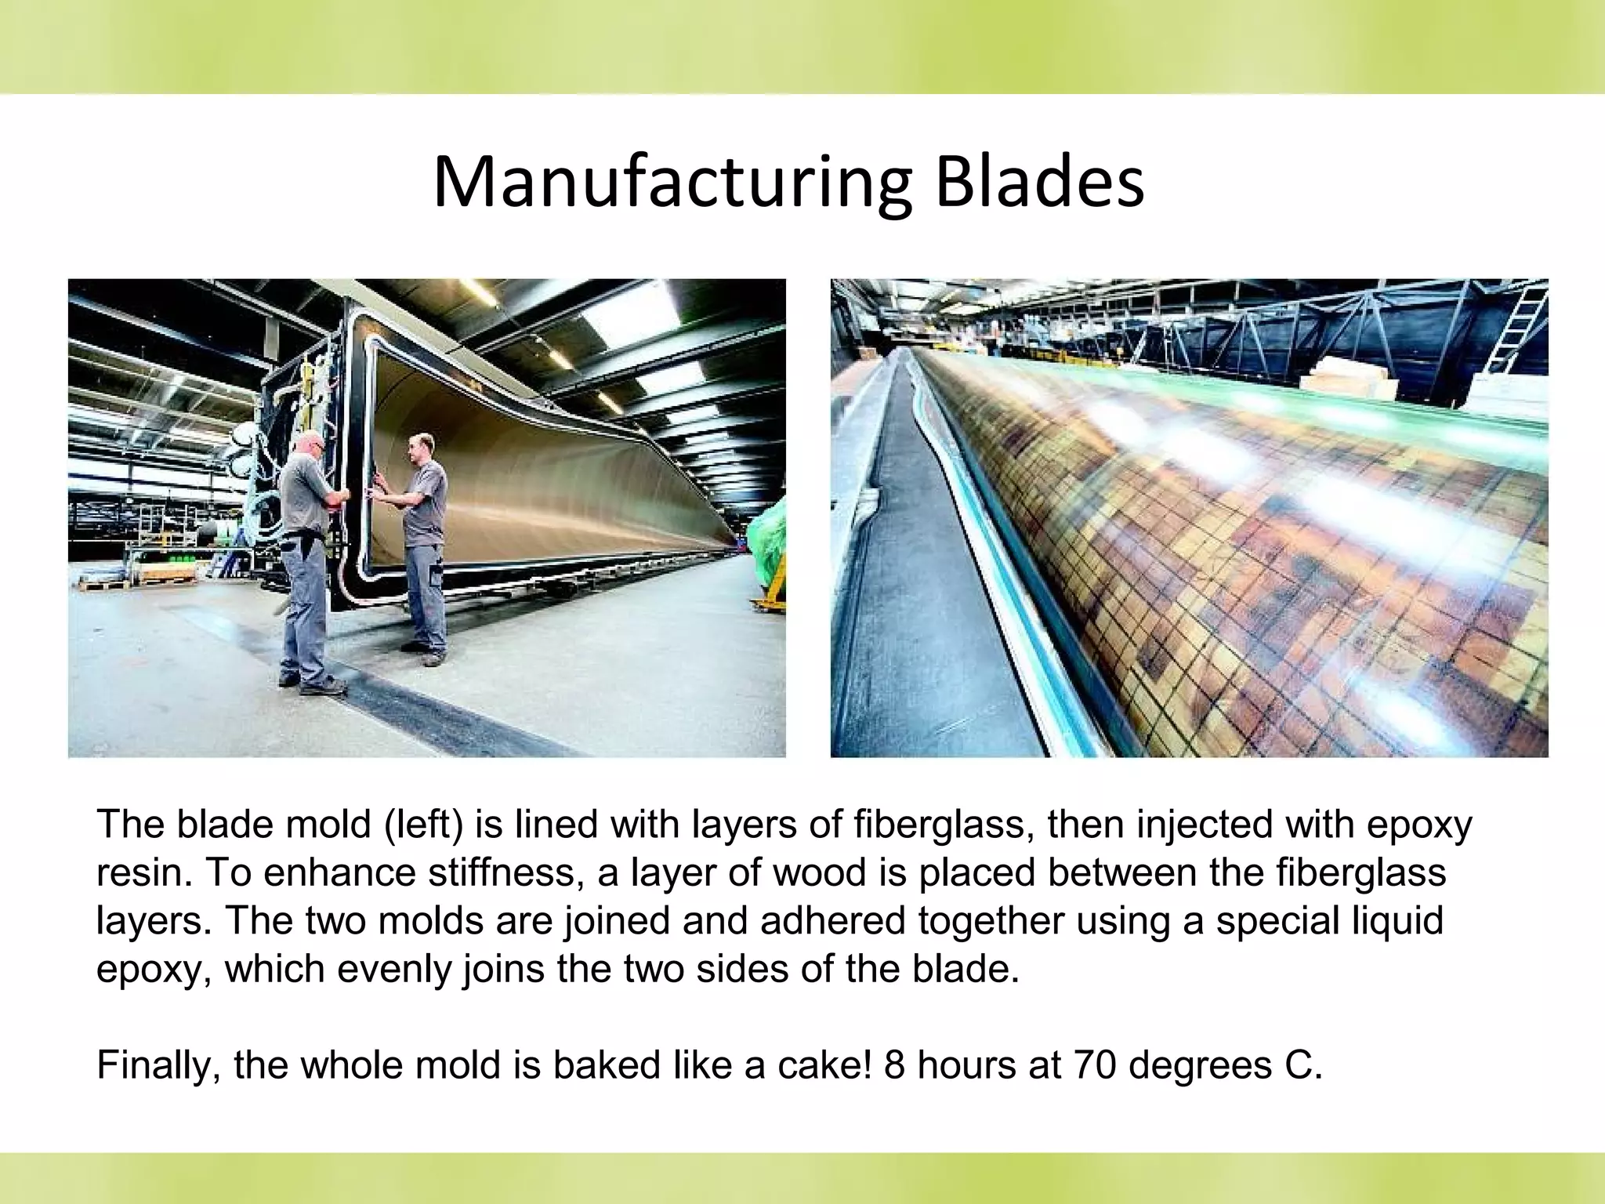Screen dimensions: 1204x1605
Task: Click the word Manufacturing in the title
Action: point(672,184)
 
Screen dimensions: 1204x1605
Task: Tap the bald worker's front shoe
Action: point(324,687)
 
